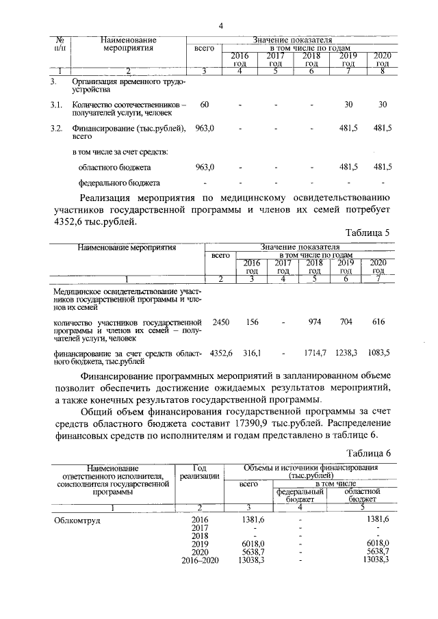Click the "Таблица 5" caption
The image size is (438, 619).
coord(367,233)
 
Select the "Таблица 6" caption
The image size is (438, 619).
coord(367,453)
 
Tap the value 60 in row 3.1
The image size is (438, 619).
coord(205,104)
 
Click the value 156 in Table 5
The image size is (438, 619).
coord(252,321)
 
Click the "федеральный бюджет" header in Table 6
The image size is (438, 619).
coord(299,495)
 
